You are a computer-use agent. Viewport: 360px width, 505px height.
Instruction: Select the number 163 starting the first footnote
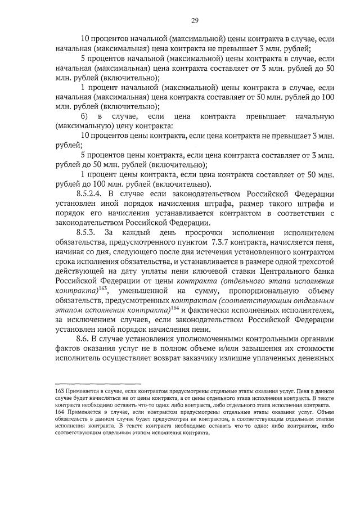[x=51, y=390]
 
